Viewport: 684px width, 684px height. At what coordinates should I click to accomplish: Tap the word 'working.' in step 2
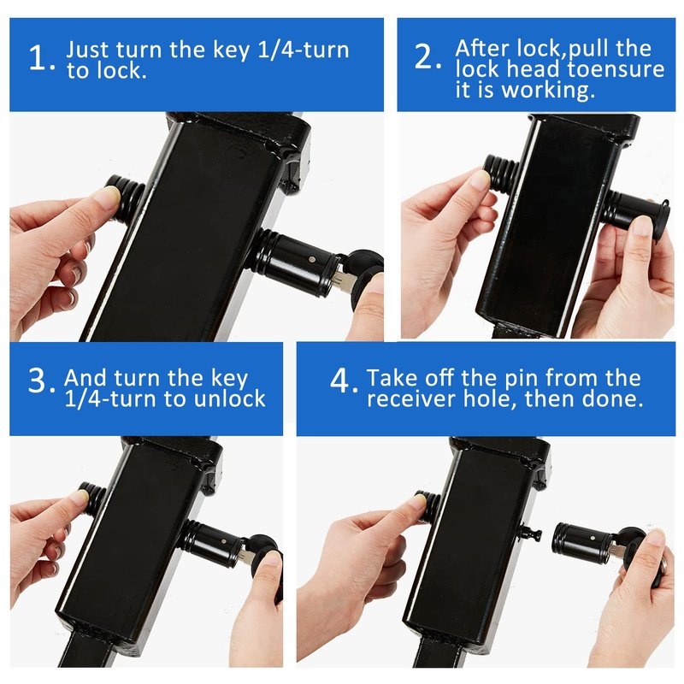[x=548, y=90]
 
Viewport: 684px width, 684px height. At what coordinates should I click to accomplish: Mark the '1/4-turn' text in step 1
[x=304, y=50]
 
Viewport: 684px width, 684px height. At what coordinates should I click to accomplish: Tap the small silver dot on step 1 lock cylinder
[x=311, y=260]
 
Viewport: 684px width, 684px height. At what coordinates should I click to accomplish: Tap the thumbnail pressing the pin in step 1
[x=109, y=197]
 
